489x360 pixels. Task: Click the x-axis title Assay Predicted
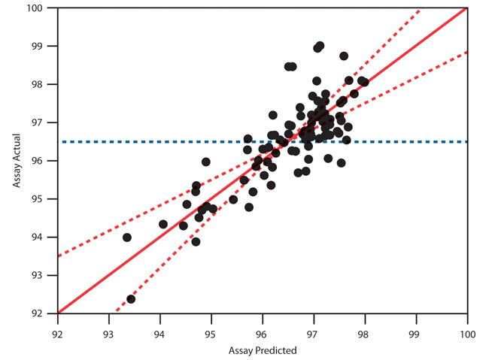263,350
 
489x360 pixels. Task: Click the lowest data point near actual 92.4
131,299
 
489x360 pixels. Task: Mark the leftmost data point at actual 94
127,237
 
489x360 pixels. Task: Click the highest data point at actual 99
320,46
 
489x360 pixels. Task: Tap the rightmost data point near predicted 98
365,83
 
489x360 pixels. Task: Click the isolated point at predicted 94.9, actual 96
206,162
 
